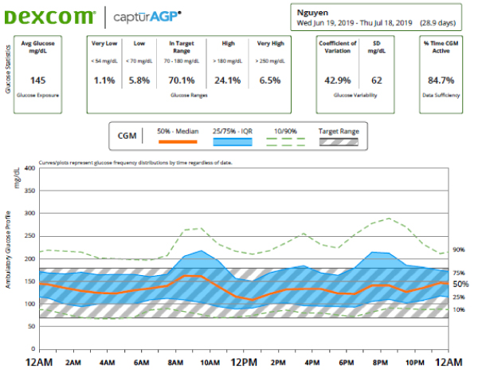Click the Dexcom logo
[x=49, y=15]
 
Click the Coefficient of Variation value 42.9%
[x=338, y=81]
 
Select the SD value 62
[x=377, y=81]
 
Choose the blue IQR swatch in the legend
[x=229, y=142]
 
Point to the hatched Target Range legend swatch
[x=339, y=142]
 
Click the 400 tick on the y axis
[x=30, y=168]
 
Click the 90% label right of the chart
[x=459, y=250]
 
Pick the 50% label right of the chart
[x=460, y=284]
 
